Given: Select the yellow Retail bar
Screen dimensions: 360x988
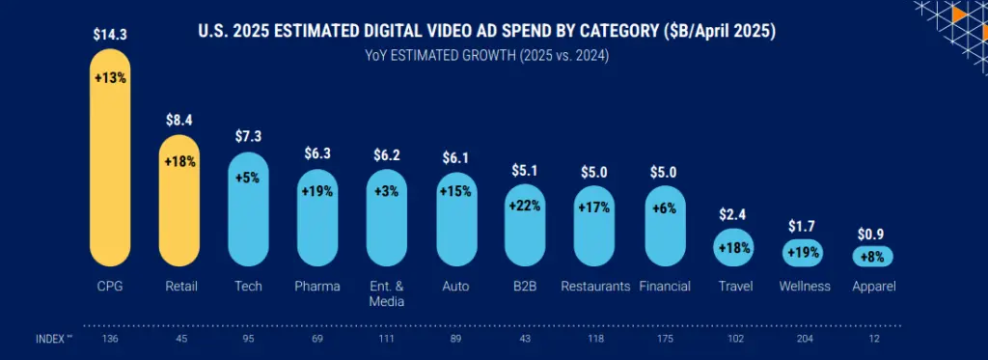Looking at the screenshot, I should pyautogui.click(x=179, y=203).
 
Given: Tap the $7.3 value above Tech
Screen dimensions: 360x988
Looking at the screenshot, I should pyautogui.click(x=249, y=136).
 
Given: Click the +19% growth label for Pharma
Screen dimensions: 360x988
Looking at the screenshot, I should pyautogui.click(x=317, y=191).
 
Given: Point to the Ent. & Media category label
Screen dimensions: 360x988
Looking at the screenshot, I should pyautogui.click(x=387, y=293).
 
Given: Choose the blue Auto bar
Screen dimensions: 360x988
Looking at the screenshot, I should pyautogui.click(x=456, y=220).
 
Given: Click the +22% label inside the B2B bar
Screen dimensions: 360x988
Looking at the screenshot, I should pyautogui.click(x=526, y=204).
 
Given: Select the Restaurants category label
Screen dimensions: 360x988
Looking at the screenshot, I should pyautogui.click(x=595, y=287).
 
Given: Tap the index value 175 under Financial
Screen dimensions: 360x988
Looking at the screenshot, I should pyautogui.click(x=665, y=339).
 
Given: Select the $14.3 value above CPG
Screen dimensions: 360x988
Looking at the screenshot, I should pyautogui.click(x=110, y=34).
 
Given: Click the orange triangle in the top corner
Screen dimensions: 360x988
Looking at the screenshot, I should pyautogui.click(x=959, y=14).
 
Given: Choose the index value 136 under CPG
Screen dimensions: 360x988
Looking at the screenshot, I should pyautogui.click(x=109, y=339).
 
